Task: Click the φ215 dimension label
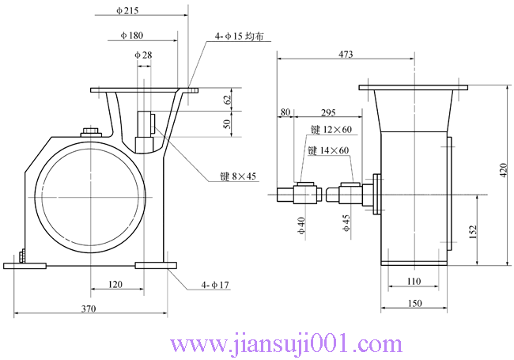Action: click(127, 10)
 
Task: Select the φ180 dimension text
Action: click(132, 36)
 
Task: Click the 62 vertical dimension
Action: click(227, 100)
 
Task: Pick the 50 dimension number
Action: click(227, 125)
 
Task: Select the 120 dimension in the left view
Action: click(115, 282)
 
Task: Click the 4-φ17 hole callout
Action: click(215, 284)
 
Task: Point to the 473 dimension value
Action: click(346, 54)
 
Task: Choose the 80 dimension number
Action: click(285, 112)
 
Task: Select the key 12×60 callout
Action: click(330, 129)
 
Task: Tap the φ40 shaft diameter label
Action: click(301, 228)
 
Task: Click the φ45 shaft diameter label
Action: click(346, 222)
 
